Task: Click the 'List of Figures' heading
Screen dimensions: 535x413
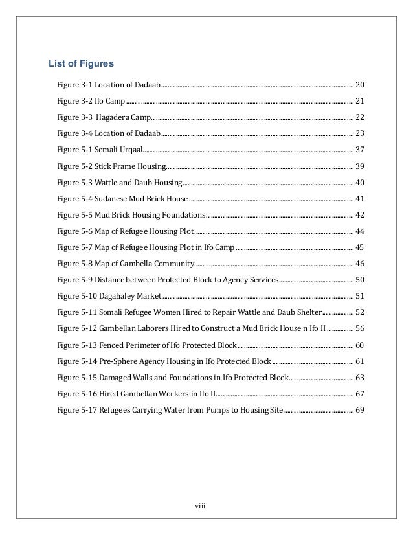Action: pyautogui.click(x=82, y=63)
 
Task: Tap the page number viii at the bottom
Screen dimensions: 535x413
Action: pyautogui.click(x=201, y=505)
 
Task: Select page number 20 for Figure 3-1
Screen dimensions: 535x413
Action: pyautogui.click(x=361, y=85)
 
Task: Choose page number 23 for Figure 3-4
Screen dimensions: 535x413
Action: pyautogui.click(x=361, y=133)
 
